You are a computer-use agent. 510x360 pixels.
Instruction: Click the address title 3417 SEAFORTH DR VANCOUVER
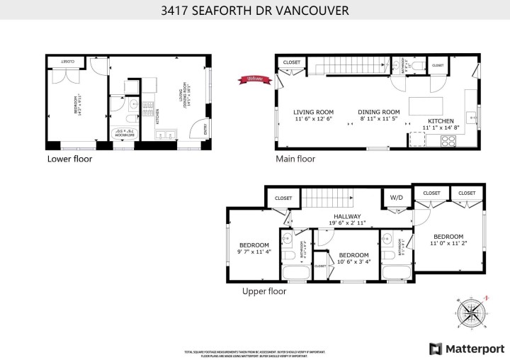coord(254,11)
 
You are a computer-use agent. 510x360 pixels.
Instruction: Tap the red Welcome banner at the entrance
coord(253,79)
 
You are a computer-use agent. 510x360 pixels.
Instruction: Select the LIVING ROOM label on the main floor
coord(313,112)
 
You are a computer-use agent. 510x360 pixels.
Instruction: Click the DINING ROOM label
coord(378,112)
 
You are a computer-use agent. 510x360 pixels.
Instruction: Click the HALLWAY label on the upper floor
coord(346,217)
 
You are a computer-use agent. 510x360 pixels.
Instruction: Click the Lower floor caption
coord(69,159)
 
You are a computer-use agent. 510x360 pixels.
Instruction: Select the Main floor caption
coord(295,159)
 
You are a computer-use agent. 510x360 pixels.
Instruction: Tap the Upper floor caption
coord(264,291)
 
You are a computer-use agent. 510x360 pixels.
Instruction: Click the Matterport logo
coord(465,349)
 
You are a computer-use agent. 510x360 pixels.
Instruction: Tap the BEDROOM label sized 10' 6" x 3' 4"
coord(353,255)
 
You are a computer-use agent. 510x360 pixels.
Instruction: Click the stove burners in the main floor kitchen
coord(448,140)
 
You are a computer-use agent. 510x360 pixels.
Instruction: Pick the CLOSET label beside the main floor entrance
coord(291,62)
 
